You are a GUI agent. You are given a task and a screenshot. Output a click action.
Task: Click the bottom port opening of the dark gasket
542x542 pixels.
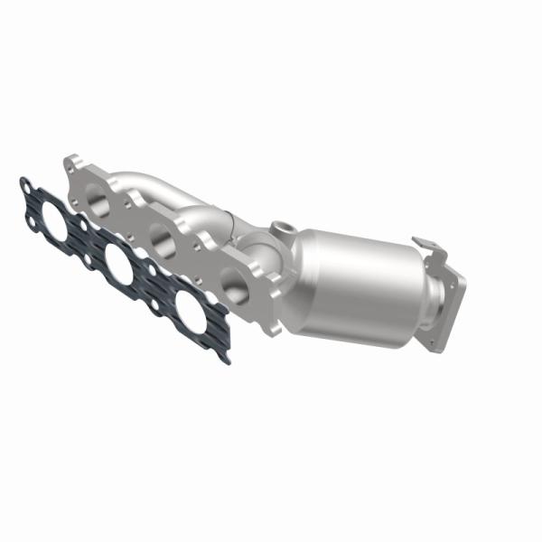[x=190, y=313]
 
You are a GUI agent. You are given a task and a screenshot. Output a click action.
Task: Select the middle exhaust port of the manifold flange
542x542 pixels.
[x=164, y=238]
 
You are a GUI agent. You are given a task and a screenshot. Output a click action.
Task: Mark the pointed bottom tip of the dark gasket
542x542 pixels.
[x=225, y=358]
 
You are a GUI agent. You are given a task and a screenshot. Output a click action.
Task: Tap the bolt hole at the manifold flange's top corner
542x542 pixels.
[x=70, y=164]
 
